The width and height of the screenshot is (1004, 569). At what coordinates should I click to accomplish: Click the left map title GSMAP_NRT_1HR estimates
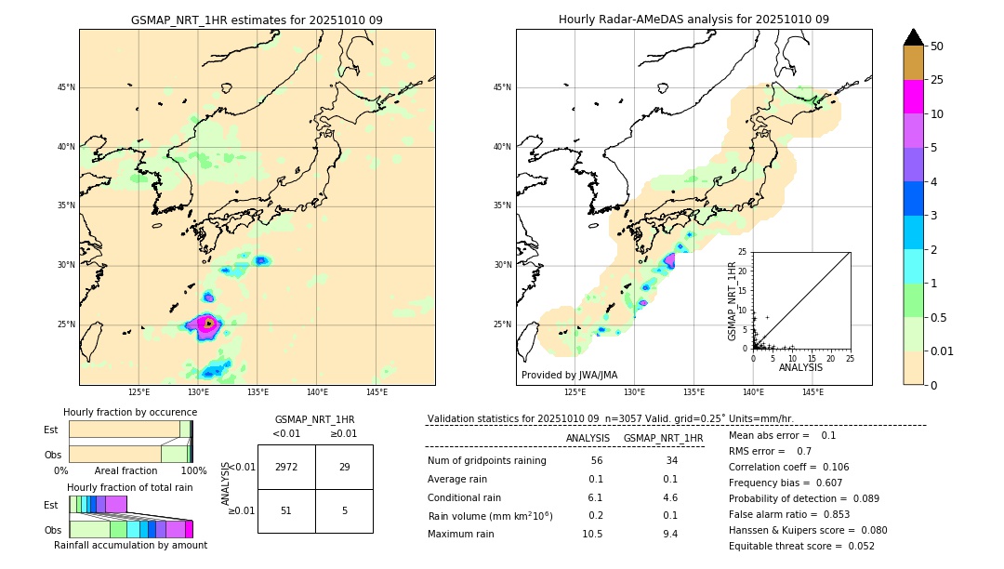coord(257,20)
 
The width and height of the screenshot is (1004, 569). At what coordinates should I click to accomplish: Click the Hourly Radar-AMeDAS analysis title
coord(694,20)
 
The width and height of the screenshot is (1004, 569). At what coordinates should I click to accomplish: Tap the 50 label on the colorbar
coord(937,46)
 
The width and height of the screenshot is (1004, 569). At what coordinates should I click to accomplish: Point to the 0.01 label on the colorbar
coord(943,351)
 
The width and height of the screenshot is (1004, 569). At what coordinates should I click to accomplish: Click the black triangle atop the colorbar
coord(914,37)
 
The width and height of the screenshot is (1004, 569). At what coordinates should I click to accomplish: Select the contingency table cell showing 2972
coord(286,467)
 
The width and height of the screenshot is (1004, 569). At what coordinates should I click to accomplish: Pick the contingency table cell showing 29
coord(344,467)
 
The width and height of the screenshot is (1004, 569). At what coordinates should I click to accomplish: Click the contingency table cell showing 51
coord(286,510)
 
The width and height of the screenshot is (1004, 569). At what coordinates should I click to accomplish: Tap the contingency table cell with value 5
coord(344,510)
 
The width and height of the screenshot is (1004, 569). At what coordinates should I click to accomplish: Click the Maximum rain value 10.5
coord(592,534)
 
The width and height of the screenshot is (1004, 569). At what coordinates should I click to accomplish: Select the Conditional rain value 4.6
coord(669,497)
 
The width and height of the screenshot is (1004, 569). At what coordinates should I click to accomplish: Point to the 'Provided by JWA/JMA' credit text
coord(569,375)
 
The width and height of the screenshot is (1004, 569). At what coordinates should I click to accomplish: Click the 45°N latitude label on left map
coord(66,87)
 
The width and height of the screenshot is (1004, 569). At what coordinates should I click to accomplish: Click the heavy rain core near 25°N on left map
coord(206,324)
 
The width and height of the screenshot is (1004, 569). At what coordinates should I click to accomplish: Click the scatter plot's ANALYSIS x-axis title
coord(800,367)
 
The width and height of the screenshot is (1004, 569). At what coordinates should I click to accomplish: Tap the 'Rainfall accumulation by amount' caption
coord(130,545)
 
